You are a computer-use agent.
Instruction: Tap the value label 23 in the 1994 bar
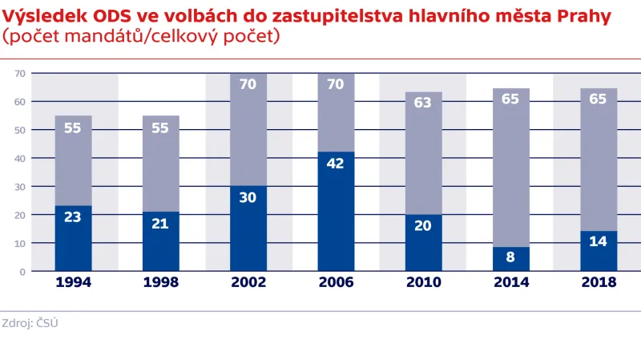pos(73,216)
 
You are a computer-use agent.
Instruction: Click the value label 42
pos(336,162)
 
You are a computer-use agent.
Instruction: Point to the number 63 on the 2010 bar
pos(424,102)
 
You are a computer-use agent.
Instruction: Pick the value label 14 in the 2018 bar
pos(599,241)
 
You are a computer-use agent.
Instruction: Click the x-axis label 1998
pos(160,282)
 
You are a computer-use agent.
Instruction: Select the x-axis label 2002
pos(248,282)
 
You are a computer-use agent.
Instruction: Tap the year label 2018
pos(599,282)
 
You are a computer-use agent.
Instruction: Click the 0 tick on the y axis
pos(24,271)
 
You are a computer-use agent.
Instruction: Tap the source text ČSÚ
pos(48,322)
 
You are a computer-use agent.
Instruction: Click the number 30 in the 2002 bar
pos(248,197)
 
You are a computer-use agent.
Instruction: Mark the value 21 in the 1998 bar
pos(160,222)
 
